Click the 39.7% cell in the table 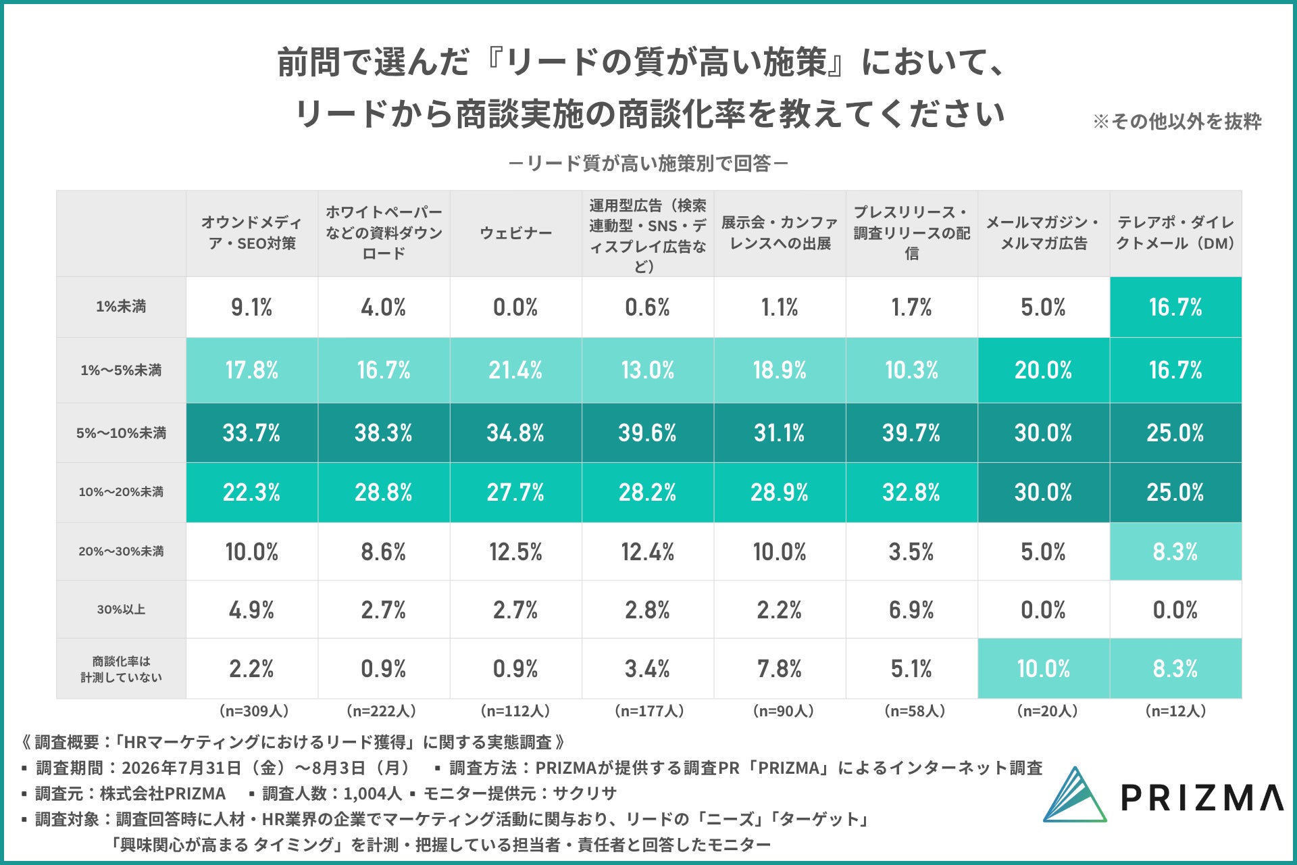pos(911,433)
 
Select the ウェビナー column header pos(516,233)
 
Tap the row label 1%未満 pos(121,307)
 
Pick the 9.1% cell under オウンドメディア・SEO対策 pos(252,307)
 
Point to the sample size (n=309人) pos(253,711)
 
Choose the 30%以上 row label pos(121,610)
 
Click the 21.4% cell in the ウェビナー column pos(515,370)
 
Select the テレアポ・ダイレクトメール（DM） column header pos(1175,233)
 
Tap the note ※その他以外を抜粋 pos(1177,122)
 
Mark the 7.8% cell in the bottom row pos(779,669)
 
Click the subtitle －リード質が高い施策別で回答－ pos(648,164)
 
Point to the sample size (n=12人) pos(1175,711)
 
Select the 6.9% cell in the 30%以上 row pos(911,610)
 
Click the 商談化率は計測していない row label pos(121,669)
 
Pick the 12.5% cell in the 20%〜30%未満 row pos(515,552)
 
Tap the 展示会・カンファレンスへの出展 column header pos(779,233)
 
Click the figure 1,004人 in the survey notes pos(372,793)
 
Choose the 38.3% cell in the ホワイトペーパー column pos(383,433)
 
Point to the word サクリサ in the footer pos(584,793)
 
